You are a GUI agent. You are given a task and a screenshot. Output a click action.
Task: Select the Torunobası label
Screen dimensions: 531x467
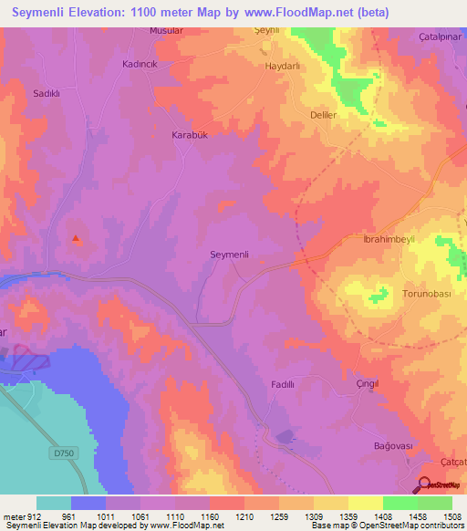pos(428,294)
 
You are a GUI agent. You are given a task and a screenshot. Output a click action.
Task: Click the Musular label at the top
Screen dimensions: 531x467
pos(167,30)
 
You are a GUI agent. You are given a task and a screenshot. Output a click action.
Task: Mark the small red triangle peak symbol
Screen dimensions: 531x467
pos(76,240)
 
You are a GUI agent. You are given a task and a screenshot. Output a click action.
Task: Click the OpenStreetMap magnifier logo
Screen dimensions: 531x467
pos(426,484)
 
